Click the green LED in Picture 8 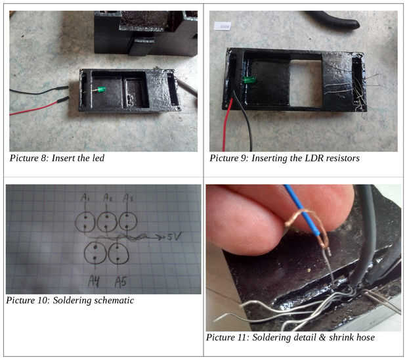click(x=102, y=90)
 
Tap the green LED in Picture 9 click(x=249, y=79)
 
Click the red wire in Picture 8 click(x=39, y=106)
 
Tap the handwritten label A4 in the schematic click(x=94, y=281)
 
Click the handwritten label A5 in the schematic click(x=120, y=282)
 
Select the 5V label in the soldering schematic click(x=175, y=236)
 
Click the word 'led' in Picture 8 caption click(x=98, y=158)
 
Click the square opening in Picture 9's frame click(x=306, y=83)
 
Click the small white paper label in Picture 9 click(x=223, y=26)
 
